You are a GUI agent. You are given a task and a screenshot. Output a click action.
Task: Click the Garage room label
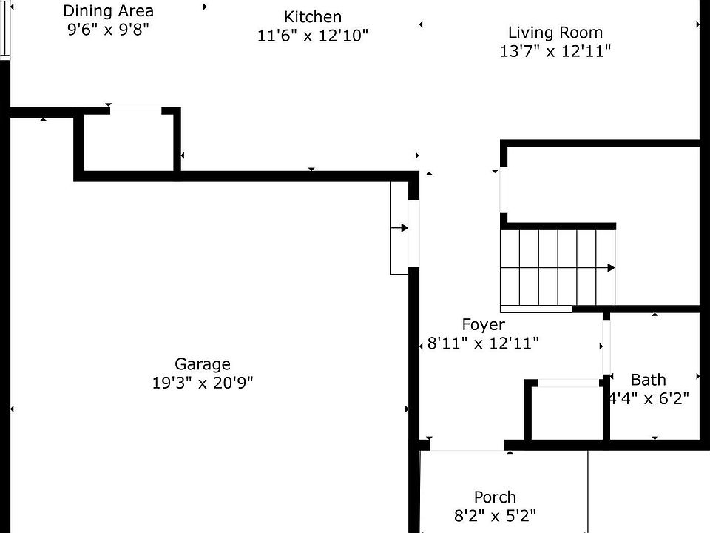click(x=202, y=363)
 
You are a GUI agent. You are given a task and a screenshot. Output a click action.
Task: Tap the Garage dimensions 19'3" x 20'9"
click(x=202, y=383)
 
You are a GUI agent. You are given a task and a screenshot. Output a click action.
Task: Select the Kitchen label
click(x=313, y=16)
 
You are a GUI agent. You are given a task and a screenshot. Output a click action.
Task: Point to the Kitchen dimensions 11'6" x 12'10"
click(x=313, y=35)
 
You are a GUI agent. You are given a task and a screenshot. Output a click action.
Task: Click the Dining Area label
click(x=109, y=10)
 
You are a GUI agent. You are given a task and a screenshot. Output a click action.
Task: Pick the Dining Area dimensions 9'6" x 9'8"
click(x=109, y=29)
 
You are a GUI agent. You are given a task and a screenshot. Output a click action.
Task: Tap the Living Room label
click(x=555, y=33)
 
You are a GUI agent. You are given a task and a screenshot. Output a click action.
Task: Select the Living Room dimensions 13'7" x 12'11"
click(x=555, y=51)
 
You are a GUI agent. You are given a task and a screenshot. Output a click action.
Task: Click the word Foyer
click(x=483, y=324)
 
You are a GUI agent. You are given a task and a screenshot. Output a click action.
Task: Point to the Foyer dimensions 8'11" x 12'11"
click(x=483, y=343)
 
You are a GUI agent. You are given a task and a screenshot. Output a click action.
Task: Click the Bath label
click(x=648, y=380)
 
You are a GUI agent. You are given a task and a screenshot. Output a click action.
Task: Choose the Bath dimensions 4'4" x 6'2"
click(x=649, y=398)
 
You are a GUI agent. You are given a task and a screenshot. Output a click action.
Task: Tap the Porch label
click(x=495, y=497)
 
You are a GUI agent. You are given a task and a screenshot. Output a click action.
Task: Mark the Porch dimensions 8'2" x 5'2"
click(x=495, y=515)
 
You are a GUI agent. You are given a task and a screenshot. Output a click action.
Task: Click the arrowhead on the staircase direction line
click(x=611, y=268)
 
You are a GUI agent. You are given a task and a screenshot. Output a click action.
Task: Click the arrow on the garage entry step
click(x=404, y=228)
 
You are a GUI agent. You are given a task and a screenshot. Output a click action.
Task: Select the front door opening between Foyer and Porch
click(x=467, y=446)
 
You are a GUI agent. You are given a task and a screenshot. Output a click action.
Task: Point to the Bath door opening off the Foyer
click(x=606, y=346)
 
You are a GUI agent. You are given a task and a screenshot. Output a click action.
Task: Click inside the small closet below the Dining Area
click(x=129, y=142)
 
